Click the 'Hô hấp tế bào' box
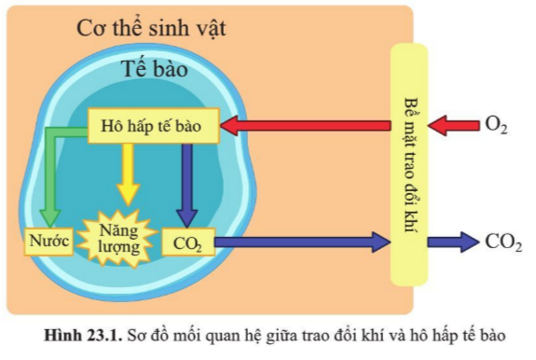pos(153,126)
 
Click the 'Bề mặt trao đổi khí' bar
pos(408,163)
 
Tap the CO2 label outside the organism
pos(502,242)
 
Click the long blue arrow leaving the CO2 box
pos(298,242)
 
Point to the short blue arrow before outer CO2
pos(453,242)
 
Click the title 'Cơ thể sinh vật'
pos(151,28)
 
